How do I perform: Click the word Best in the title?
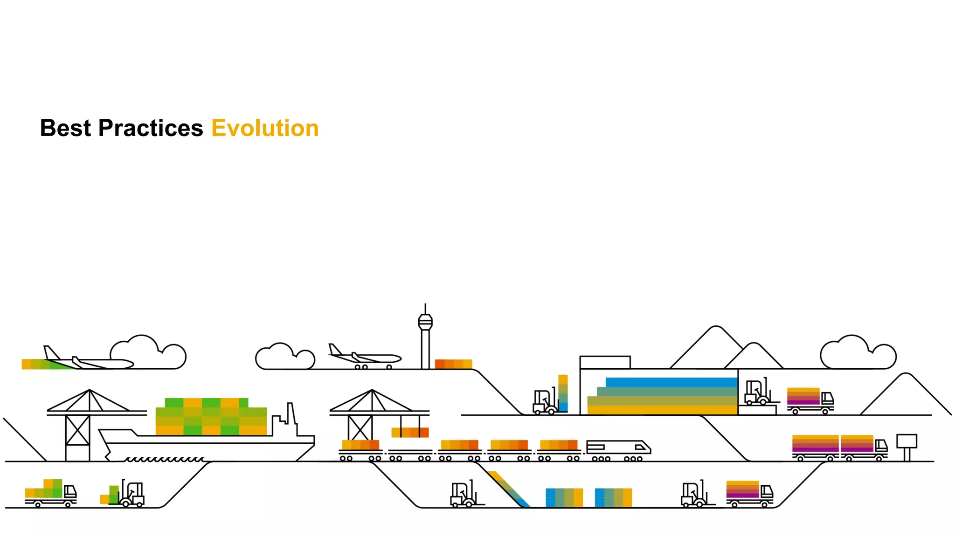click(65, 128)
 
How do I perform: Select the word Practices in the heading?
click(151, 128)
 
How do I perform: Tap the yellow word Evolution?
click(265, 128)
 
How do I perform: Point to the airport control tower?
click(425, 338)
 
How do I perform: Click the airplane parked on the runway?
click(364, 357)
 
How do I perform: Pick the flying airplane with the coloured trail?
click(89, 360)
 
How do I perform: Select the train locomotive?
click(618, 448)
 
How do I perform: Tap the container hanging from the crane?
click(410, 432)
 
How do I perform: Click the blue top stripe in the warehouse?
click(671, 382)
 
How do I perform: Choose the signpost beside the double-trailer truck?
click(907, 445)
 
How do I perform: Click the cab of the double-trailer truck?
click(881, 447)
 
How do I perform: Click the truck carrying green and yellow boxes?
click(50, 493)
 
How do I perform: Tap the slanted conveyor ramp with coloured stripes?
click(508, 489)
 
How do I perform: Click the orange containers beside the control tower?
click(453, 364)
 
